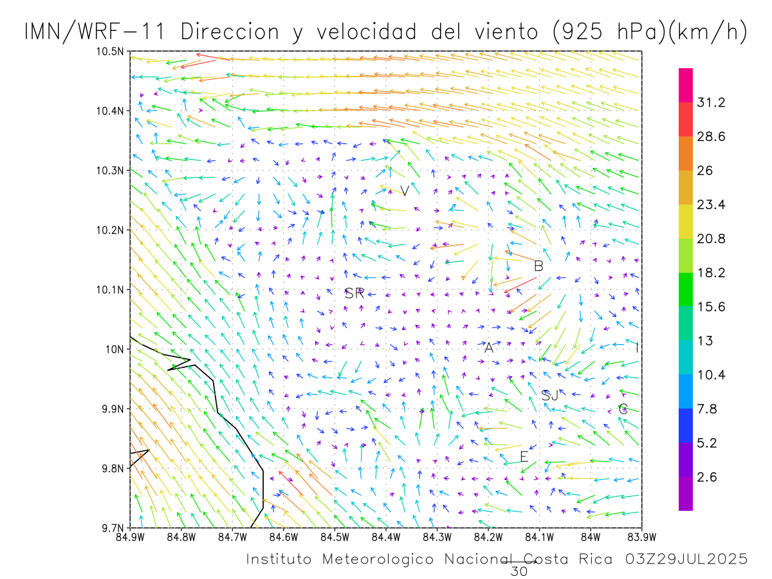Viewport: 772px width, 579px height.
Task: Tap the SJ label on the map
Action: pyautogui.click(x=550, y=396)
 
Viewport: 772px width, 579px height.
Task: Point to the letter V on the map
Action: pyautogui.click(x=404, y=190)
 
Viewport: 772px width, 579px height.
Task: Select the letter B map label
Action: pyautogui.click(x=539, y=266)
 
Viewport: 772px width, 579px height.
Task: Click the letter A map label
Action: pyautogui.click(x=488, y=348)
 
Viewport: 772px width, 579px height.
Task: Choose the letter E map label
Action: pyautogui.click(x=524, y=457)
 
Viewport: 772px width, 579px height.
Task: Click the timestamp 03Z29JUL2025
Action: pyautogui.click(x=686, y=559)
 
